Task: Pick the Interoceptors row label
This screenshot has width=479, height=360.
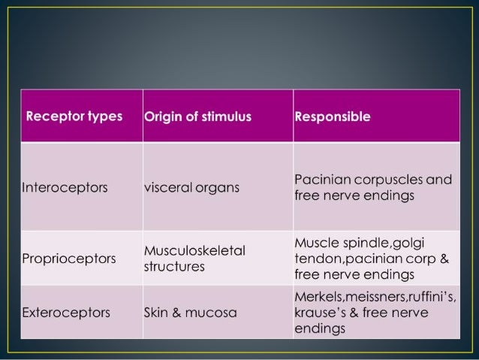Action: (65, 188)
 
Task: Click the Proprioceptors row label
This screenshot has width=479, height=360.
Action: (69, 259)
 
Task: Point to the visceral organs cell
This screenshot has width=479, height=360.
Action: (191, 188)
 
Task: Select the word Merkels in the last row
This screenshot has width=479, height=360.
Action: (321, 298)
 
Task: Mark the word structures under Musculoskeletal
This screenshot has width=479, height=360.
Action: (174, 267)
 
